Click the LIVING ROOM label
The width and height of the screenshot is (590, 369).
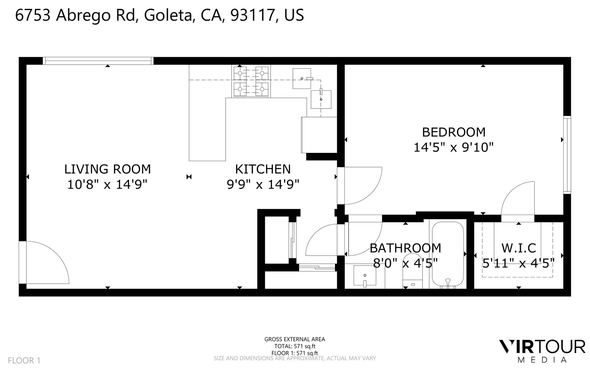107,169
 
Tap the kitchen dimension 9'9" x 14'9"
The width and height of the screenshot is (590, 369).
263,184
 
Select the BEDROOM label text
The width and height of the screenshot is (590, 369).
454,132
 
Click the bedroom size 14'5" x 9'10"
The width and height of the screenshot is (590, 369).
454,148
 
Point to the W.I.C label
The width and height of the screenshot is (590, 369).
519,248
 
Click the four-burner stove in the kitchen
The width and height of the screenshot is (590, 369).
251,81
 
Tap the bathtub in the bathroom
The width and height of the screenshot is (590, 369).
448,255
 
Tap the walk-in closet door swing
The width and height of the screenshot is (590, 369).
518,201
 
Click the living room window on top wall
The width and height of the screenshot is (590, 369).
98,61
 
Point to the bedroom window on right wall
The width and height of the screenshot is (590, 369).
567,155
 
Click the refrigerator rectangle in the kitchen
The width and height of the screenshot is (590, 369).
319,135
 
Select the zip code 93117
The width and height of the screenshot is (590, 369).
252,15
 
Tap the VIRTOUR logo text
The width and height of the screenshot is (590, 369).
542,347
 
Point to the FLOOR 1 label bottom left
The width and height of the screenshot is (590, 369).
24,360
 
